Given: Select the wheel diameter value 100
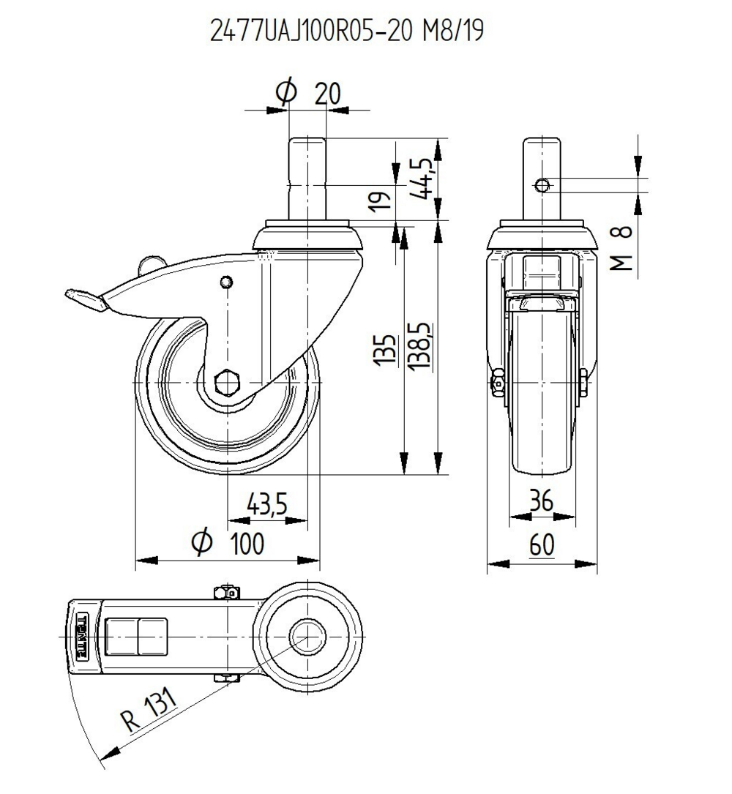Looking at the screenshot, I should tap(247, 544).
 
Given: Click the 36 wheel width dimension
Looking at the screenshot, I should tap(541, 502).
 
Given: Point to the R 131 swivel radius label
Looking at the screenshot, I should tap(150, 712).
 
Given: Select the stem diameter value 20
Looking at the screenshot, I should tap(328, 92).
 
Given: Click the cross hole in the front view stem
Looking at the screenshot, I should tap(542, 185).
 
